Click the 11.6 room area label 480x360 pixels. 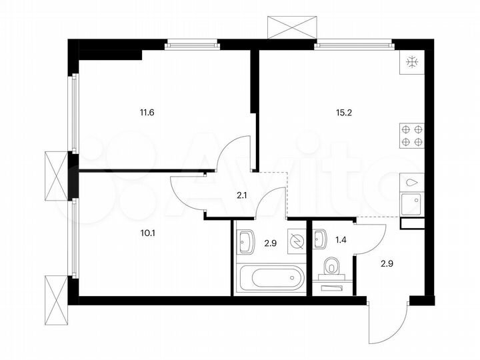[147, 112]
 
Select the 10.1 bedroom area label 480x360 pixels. [147, 233]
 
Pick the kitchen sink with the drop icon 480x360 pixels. [411, 181]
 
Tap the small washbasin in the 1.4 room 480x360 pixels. [321, 236]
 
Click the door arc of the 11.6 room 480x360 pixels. [235, 153]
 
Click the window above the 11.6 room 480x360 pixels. [192, 45]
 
